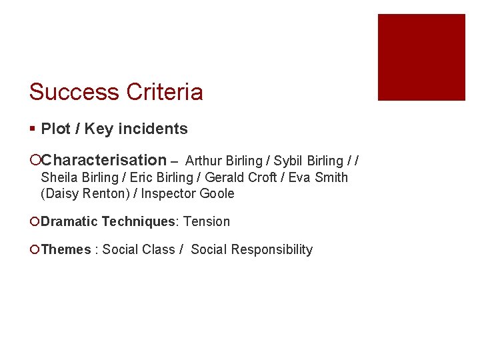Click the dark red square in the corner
pyautogui.click(x=421, y=57)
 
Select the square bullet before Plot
pyautogui.click(x=33, y=129)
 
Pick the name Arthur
pyautogui.click(x=204, y=161)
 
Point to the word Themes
pyautogui.click(x=65, y=250)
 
